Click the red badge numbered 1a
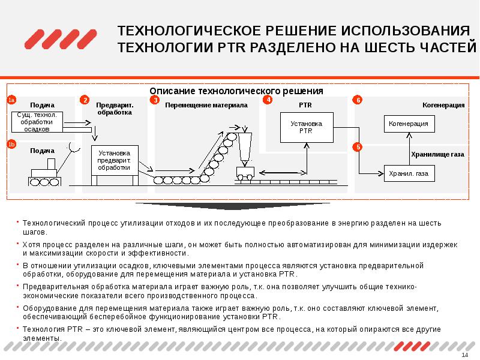pos(11,100)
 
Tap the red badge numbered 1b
pos(11,143)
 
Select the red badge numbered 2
pos(85,100)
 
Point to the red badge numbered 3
pos(155,100)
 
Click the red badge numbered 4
pos(268,100)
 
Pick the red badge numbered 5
pos(358,147)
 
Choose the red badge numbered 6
pos(358,100)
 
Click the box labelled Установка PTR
pos(306,127)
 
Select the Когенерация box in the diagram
pos(409,124)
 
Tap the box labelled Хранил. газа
pos(409,173)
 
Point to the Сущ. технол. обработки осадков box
pos(37,121)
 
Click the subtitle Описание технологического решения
pos(236,91)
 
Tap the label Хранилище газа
pos(437,154)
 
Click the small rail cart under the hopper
pos(245,173)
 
